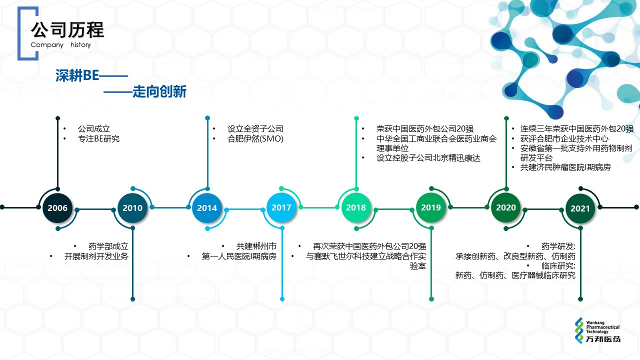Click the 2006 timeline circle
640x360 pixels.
pyautogui.click(x=57, y=207)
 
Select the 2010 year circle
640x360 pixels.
pyautogui.click(x=132, y=207)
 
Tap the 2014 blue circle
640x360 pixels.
pyautogui.click(x=207, y=207)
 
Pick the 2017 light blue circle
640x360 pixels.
pyautogui.click(x=281, y=207)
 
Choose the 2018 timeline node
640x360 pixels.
pyautogui.click(x=356, y=207)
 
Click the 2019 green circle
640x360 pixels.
pyautogui.click(x=431, y=207)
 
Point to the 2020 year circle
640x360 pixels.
pyautogui.click(x=506, y=207)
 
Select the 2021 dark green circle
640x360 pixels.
pyautogui.click(x=580, y=208)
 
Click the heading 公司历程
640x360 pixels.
pyautogui.click(x=67, y=29)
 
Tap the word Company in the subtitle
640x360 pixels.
pyautogui.click(x=47, y=45)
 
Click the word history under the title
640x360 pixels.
pyautogui.click(x=80, y=45)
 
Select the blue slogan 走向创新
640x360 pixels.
pyautogui.click(x=159, y=91)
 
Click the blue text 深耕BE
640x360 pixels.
pyautogui.click(x=77, y=75)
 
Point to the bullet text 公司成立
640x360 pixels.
pyautogui.click(x=94, y=129)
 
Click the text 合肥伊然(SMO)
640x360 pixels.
pyautogui.click(x=255, y=139)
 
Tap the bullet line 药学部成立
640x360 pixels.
pyautogui.click(x=108, y=246)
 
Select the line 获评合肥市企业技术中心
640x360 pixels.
pyautogui.click(x=564, y=139)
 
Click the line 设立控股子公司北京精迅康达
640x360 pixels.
pyautogui.click(x=428, y=158)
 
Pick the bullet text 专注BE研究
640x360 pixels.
pyautogui.click(x=99, y=139)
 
